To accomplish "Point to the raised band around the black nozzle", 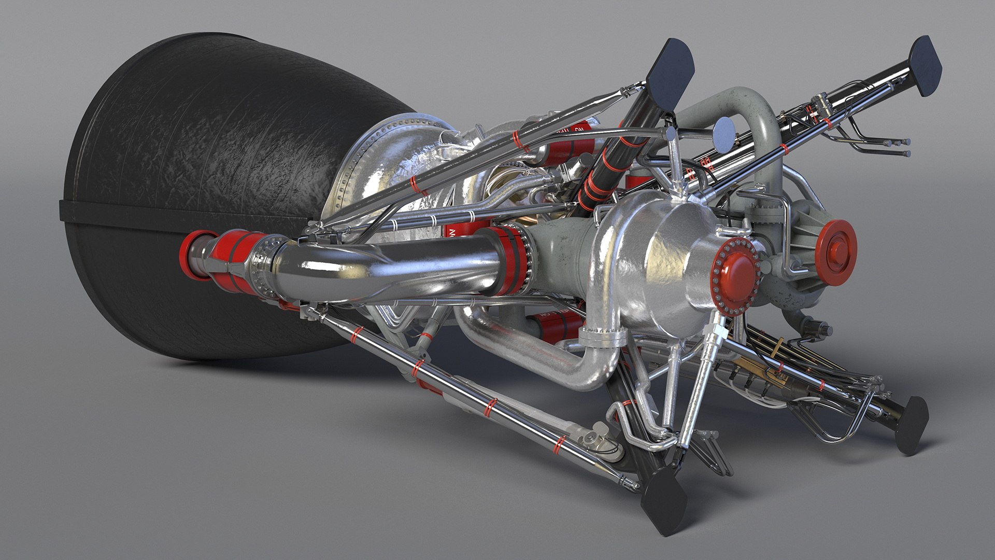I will [x=171, y=217].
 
